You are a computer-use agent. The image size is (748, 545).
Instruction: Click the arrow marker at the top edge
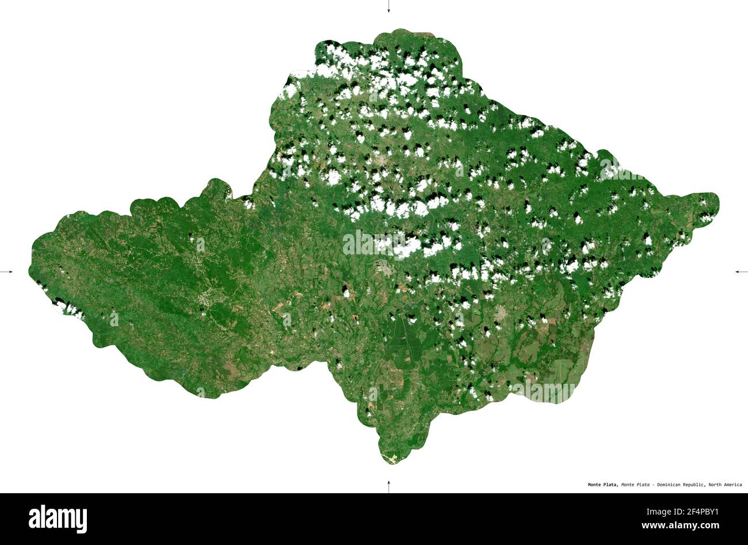(388, 7)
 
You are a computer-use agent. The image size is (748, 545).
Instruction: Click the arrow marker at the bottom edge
(388, 486)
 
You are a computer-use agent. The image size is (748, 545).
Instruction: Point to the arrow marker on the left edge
(7, 271)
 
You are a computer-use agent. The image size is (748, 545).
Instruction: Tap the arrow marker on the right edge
(741, 271)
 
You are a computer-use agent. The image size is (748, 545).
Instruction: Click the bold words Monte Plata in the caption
(603, 485)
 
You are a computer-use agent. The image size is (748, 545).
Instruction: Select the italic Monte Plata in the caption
(635, 485)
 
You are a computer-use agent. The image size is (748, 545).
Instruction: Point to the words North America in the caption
(725, 485)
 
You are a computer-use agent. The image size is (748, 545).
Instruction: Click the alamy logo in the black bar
(58, 519)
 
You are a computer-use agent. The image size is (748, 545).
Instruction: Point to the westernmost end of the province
(30, 270)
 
